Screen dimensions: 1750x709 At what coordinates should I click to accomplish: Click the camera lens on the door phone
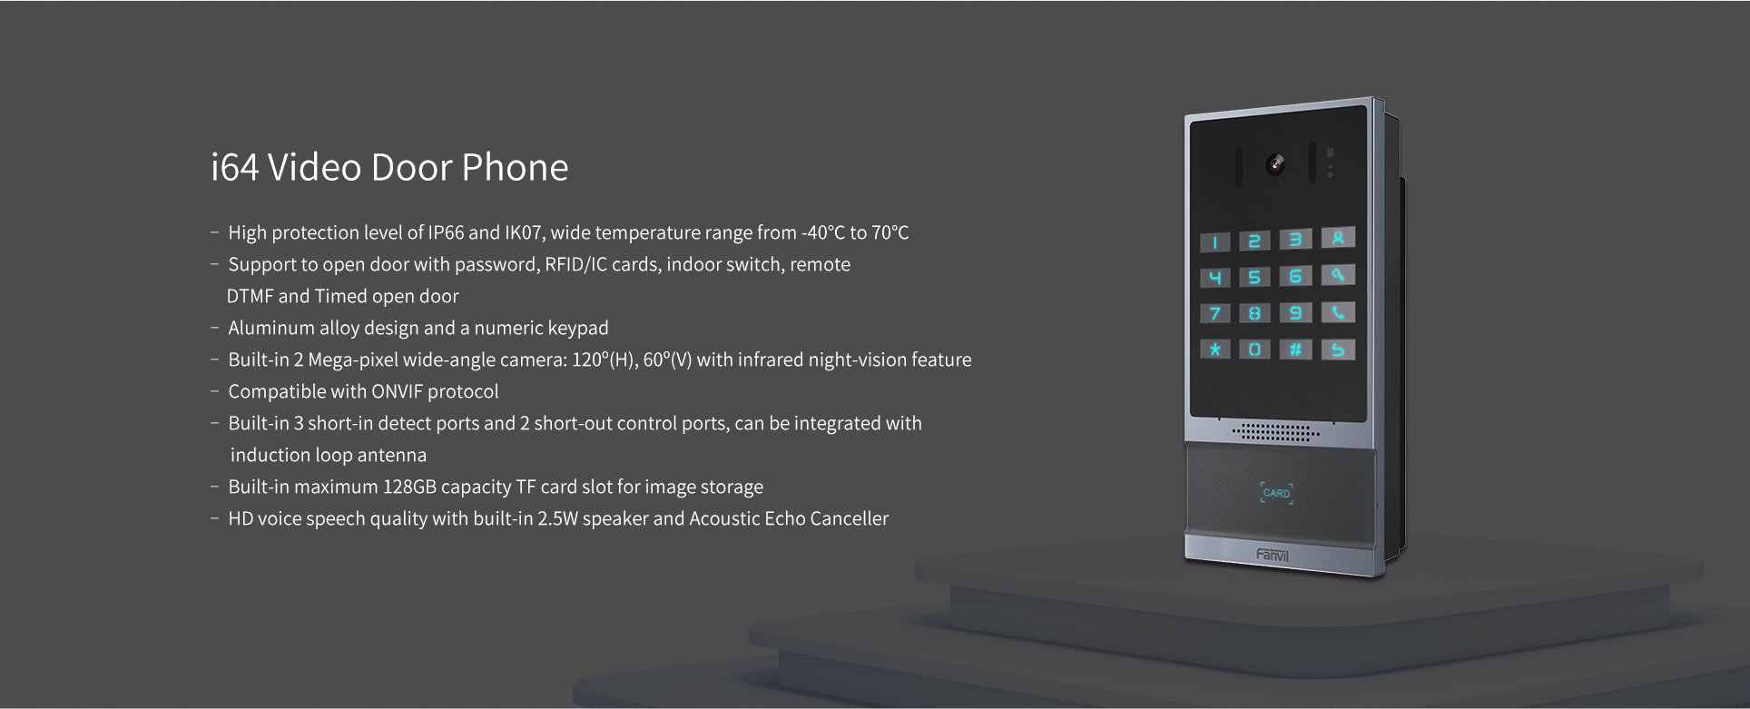pyautogui.click(x=1275, y=164)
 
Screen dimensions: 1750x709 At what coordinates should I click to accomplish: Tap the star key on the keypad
pyautogui.click(x=1215, y=350)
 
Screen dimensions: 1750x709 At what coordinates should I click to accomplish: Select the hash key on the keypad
pyautogui.click(x=1296, y=350)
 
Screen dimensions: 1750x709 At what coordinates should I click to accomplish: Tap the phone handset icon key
pyautogui.click(x=1338, y=313)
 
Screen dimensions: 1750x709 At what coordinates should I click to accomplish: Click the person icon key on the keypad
pyautogui.click(x=1338, y=238)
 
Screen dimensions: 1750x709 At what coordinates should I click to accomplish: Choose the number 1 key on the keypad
pyautogui.click(x=1215, y=242)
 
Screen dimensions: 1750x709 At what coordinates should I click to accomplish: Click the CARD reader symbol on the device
pyautogui.click(x=1276, y=493)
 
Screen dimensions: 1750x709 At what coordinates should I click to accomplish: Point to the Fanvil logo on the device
pyautogui.click(x=1273, y=555)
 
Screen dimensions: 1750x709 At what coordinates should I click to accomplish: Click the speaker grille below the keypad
pyautogui.click(x=1275, y=431)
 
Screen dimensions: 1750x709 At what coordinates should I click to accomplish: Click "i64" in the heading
pyautogui.click(x=235, y=168)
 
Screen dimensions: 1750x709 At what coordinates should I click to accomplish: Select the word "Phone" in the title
pyautogui.click(x=515, y=168)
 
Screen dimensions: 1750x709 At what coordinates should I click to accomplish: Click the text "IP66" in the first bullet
pyautogui.click(x=446, y=233)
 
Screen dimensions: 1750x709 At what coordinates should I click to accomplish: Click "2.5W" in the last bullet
pyautogui.click(x=557, y=519)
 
